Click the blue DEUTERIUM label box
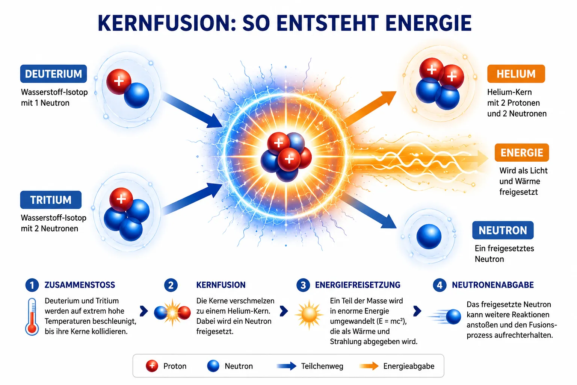point(54,74)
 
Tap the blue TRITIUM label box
point(51,200)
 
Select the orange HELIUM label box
point(516,74)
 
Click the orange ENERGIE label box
point(522,152)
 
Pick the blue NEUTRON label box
point(503,230)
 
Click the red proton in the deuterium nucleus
point(119,82)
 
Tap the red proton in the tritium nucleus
point(121,199)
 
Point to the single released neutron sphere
point(429,236)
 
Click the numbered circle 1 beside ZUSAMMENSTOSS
point(32,285)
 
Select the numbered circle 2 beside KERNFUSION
point(171,285)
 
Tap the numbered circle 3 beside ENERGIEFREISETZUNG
point(303,285)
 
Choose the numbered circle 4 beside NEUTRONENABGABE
point(440,285)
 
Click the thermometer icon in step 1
point(32,317)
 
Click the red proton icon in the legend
point(152,366)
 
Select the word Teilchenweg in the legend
point(322,366)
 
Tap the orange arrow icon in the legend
point(369,366)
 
